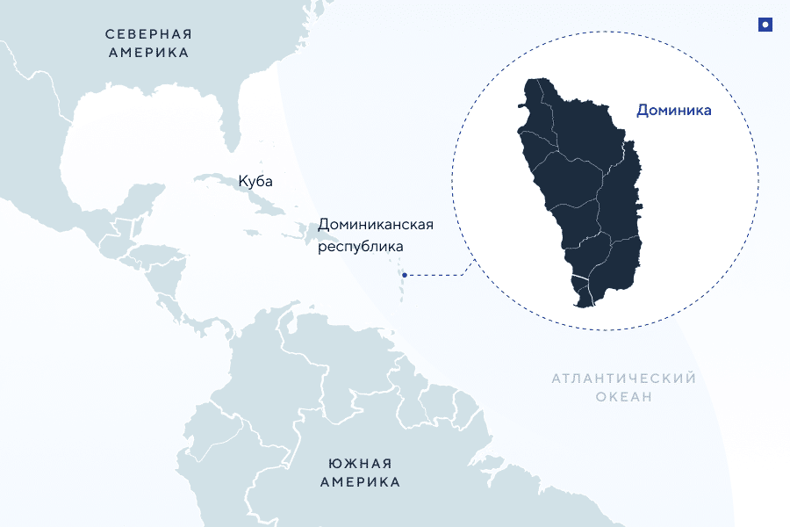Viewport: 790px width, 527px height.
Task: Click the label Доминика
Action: (x=673, y=111)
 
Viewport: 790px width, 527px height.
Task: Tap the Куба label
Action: (x=255, y=182)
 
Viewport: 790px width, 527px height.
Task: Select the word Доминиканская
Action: (x=376, y=225)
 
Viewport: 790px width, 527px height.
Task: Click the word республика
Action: (x=359, y=247)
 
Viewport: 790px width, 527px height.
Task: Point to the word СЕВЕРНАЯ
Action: (x=148, y=34)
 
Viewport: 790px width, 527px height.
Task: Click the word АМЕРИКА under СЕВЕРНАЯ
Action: (x=148, y=53)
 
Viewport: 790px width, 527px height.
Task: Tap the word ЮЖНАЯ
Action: (x=360, y=464)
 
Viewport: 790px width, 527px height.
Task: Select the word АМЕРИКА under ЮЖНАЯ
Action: (x=360, y=482)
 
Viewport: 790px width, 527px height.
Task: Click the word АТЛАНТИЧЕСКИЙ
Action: (x=623, y=379)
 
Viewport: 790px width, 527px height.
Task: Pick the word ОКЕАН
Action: (x=623, y=397)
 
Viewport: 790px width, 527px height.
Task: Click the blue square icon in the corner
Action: (x=765, y=25)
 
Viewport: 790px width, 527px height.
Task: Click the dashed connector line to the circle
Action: (x=439, y=274)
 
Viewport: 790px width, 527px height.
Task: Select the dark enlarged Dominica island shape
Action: (x=579, y=184)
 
